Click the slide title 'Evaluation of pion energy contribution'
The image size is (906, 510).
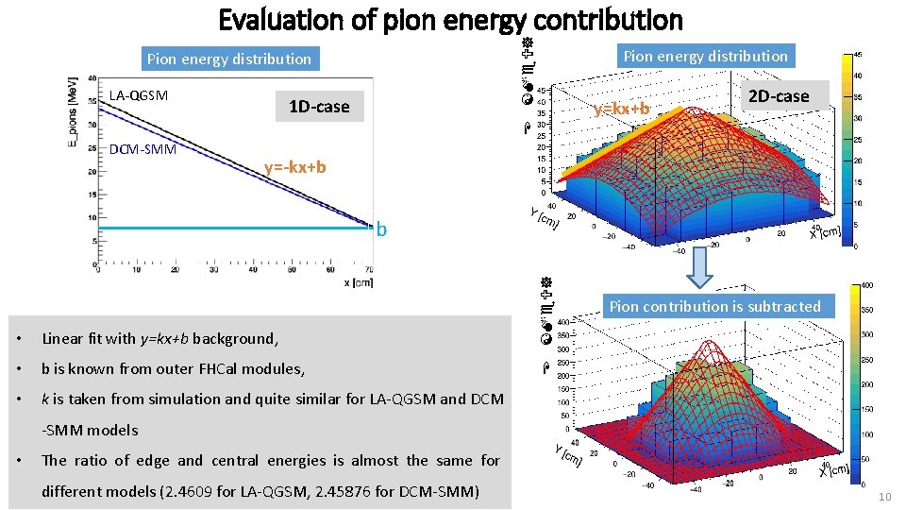point(450,19)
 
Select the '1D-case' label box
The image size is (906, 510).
point(318,107)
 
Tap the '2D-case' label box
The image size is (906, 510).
point(778,95)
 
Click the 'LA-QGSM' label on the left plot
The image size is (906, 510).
point(138,95)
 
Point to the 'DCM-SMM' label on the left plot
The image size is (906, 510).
point(143,149)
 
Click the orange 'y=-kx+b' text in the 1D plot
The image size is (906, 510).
point(295,167)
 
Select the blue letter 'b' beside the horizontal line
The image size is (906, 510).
point(381,229)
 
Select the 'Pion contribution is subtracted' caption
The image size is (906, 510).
point(714,306)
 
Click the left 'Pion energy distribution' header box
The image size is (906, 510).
point(228,59)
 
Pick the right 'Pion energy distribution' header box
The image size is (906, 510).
point(705,56)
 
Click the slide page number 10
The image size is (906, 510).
point(883,498)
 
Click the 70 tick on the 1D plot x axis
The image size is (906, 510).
point(369,270)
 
